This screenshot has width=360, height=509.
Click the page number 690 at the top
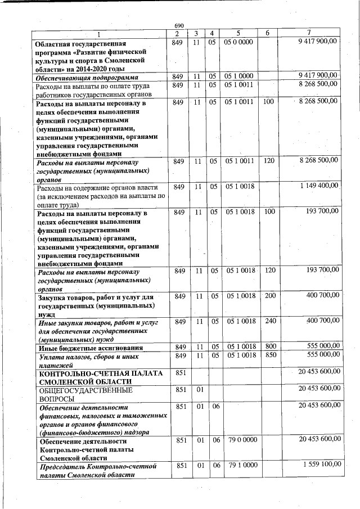click(179, 26)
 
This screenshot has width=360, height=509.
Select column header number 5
click(238, 33)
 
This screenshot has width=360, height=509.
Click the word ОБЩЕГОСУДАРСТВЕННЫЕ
click(85, 389)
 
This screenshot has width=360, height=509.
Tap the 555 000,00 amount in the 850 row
click(319, 355)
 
